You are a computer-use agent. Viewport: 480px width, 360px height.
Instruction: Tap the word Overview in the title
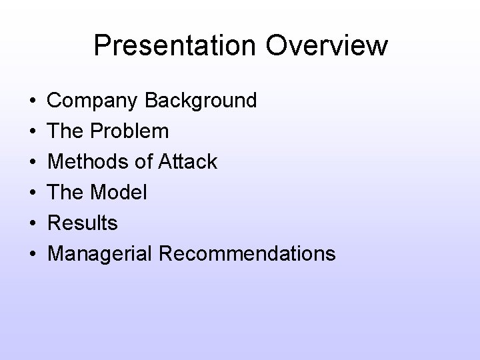pos(333,46)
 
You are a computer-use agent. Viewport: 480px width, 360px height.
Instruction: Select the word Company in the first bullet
pos(93,101)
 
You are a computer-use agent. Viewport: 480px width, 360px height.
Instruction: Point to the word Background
pos(200,101)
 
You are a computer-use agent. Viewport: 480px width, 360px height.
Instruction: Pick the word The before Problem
pos(65,131)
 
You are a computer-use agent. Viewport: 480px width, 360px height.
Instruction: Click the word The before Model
pos(65,193)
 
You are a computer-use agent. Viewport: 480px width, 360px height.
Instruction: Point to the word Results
pos(83,223)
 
